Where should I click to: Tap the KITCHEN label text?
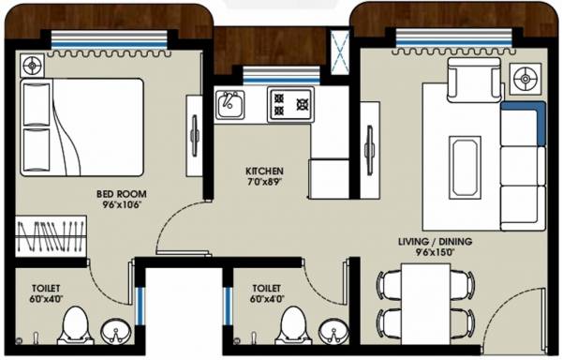[x=264, y=171]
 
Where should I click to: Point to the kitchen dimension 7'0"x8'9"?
[x=264, y=181]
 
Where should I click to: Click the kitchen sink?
[x=229, y=104]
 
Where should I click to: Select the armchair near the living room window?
[x=466, y=80]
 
